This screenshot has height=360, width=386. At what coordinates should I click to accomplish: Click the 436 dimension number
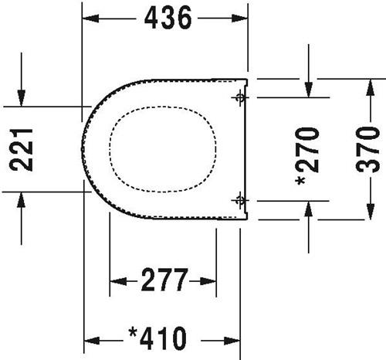(x=168, y=18)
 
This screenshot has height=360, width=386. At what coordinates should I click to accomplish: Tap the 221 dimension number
(x=21, y=150)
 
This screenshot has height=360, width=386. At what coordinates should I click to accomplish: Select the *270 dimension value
(x=307, y=156)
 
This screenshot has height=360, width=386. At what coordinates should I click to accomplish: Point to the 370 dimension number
(x=367, y=149)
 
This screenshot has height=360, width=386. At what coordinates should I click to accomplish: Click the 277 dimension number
(x=165, y=280)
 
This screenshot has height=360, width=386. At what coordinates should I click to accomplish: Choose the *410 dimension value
(x=157, y=338)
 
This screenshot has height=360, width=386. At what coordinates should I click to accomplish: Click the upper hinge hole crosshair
(x=240, y=97)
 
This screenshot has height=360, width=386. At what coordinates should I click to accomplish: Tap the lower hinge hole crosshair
(x=240, y=200)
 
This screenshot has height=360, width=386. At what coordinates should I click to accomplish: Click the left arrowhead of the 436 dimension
(x=90, y=19)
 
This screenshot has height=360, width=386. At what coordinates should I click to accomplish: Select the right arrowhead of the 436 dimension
(x=239, y=19)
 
